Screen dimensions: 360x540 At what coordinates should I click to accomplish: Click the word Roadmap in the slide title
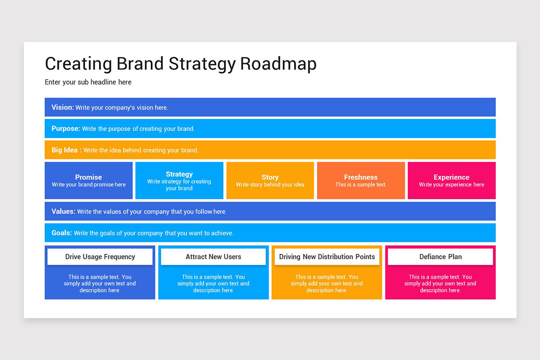(278, 64)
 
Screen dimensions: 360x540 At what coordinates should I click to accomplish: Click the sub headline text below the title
(88, 82)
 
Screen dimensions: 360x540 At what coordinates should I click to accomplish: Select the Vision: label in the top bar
(63, 107)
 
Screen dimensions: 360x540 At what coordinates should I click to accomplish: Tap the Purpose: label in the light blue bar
(66, 129)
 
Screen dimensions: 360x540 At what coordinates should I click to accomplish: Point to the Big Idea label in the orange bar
(66, 150)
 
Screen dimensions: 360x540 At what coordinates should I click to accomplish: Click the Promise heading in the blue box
(89, 177)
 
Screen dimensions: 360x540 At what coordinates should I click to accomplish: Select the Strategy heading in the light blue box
(179, 174)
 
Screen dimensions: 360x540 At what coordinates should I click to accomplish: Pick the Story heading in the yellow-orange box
(270, 177)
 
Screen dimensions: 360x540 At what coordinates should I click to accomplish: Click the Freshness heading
(360, 177)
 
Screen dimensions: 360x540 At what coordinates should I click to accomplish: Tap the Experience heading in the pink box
(451, 177)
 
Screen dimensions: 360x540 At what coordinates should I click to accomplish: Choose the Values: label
(63, 211)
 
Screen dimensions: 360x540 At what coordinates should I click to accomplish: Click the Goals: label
(62, 233)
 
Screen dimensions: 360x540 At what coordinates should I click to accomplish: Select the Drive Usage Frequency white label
(100, 256)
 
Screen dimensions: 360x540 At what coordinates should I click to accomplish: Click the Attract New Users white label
(213, 256)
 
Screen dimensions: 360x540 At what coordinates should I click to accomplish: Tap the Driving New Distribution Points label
(327, 256)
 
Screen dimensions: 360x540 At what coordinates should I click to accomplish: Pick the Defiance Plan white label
(441, 256)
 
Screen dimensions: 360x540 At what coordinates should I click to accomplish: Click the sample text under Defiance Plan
(440, 283)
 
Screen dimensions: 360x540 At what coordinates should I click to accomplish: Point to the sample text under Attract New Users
(213, 283)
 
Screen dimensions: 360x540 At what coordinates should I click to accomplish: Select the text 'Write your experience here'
(451, 184)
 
